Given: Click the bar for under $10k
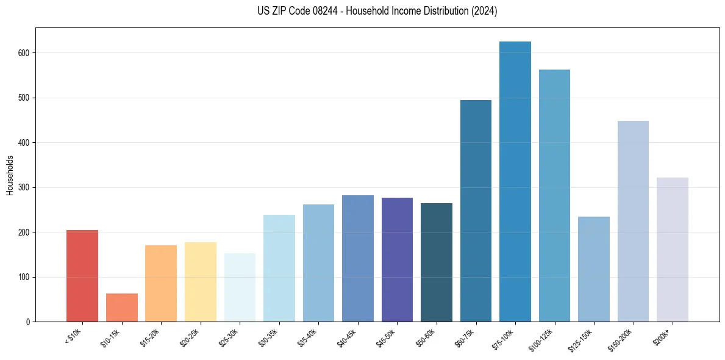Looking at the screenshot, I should (x=82, y=276).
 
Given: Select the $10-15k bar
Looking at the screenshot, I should (x=122, y=308).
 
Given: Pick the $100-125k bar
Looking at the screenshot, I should (x=554, y=196).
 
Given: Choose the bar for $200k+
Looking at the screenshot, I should (x=673, y=250).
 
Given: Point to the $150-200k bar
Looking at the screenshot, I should (x=633, y=221).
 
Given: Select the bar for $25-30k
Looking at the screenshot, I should (x=240, y=287).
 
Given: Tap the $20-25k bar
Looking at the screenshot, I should (x=201, y=282).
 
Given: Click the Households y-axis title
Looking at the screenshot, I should (x=10, y=175).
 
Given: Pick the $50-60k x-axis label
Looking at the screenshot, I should (x=426, y=336).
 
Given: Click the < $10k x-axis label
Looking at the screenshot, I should (x=73, y=336).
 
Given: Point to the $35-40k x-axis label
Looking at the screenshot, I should (x=309, y=336).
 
